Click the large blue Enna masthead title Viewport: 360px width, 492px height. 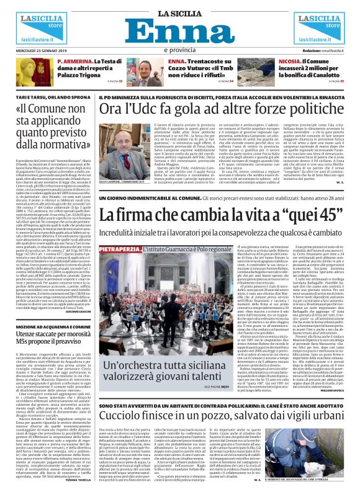click(x=179, y=34)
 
